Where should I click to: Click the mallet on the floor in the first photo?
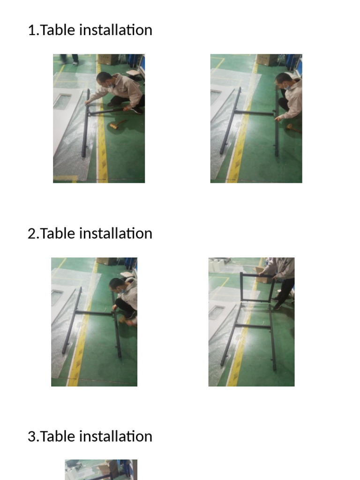(117, 125)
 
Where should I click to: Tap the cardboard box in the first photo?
(108, 59)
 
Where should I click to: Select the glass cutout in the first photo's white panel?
(62, 101)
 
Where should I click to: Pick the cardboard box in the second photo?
(267, 60)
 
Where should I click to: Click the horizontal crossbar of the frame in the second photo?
(254, 112)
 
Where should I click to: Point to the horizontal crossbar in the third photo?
(94, 313)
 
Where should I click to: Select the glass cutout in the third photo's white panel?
(57, 297)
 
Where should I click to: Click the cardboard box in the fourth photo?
(260, 277)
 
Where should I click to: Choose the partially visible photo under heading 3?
(101, 470)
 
